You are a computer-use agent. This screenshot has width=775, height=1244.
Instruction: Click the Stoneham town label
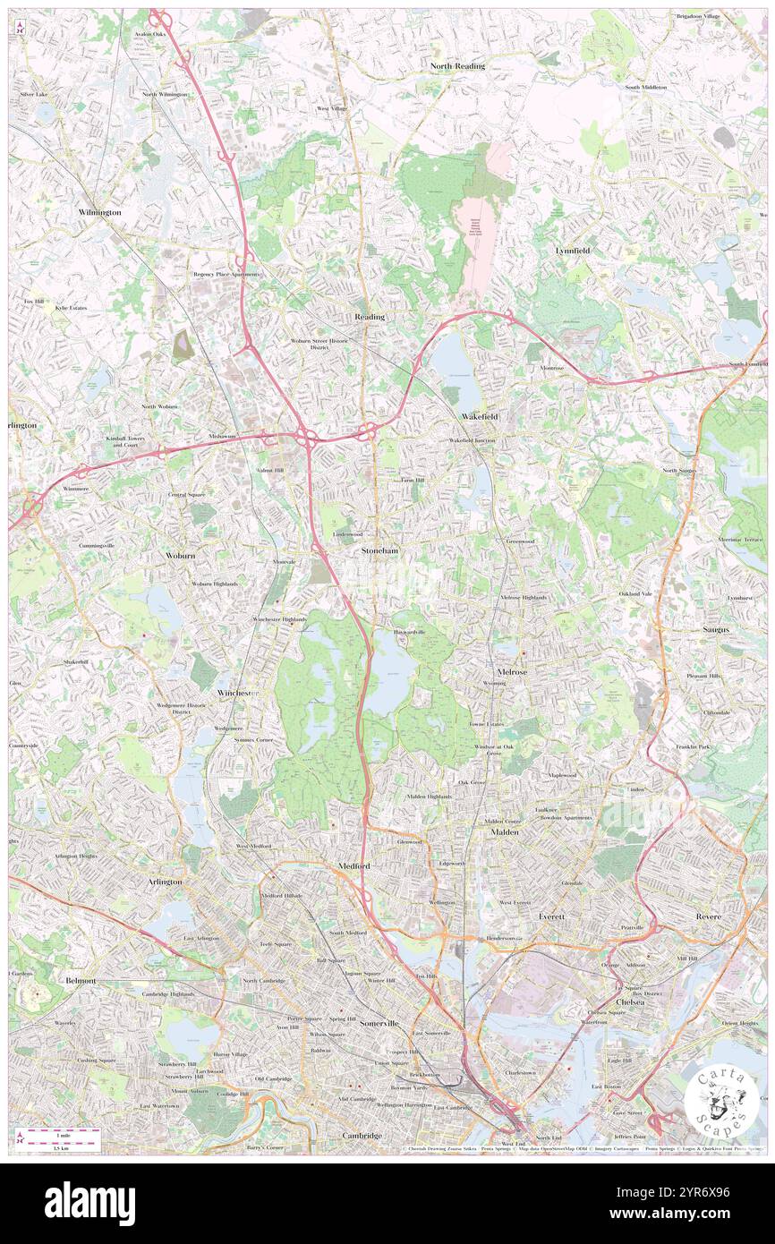(x=379, y=551)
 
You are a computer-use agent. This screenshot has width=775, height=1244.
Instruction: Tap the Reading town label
(x=369, y=317)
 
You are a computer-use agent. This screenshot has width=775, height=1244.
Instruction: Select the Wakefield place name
(x=480, y=417)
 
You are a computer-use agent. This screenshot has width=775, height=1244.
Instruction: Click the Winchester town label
(x=237, y=693)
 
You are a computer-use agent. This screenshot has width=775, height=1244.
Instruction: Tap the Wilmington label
(x=99, y=212)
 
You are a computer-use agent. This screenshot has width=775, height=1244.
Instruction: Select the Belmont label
(x=81, y=981)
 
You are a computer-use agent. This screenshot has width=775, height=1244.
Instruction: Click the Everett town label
(x=552, y=917)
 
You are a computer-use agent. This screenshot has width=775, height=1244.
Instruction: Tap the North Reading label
(x=456, y=66)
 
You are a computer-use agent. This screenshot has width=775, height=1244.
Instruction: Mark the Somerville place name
(x=379, y=1023)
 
